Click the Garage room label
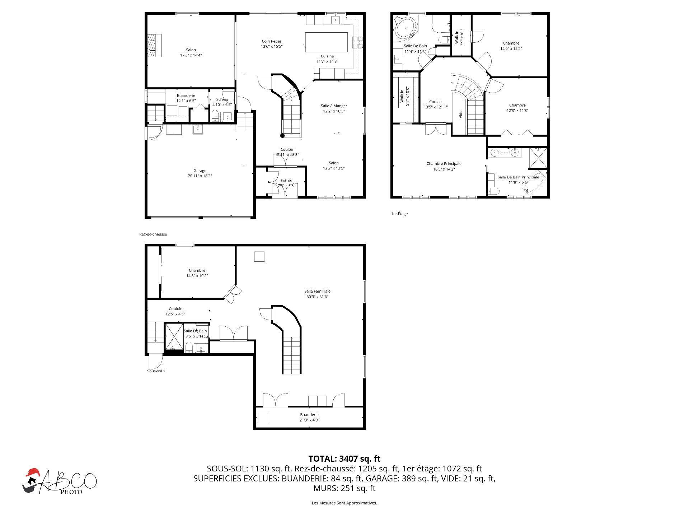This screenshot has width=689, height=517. (200, 171)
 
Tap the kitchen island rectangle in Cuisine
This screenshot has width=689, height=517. (326, 42)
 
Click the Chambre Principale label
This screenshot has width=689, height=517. (444, 164)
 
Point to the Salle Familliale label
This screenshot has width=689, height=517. (317, 291)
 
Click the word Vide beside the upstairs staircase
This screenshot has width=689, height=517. (461, 115)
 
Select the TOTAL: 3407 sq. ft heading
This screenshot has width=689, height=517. (344, 459)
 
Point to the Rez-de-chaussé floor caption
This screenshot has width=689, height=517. (153, 234)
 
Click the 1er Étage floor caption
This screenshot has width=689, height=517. (399, 214)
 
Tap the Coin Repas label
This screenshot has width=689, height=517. (272, 41)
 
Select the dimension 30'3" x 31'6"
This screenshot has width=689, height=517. (317, 297)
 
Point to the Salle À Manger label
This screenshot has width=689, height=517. (334, 106)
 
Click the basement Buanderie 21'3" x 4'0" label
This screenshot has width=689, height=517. (309, 415)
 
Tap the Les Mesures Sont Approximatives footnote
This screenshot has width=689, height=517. (344, 503)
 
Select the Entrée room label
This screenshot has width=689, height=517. (286, 181)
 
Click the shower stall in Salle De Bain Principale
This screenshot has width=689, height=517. (538, 158)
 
